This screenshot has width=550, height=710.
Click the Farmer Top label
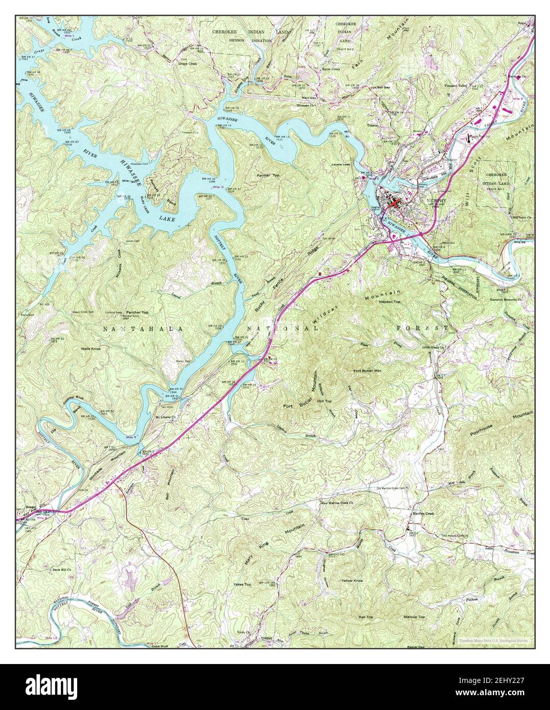click(268, 175)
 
